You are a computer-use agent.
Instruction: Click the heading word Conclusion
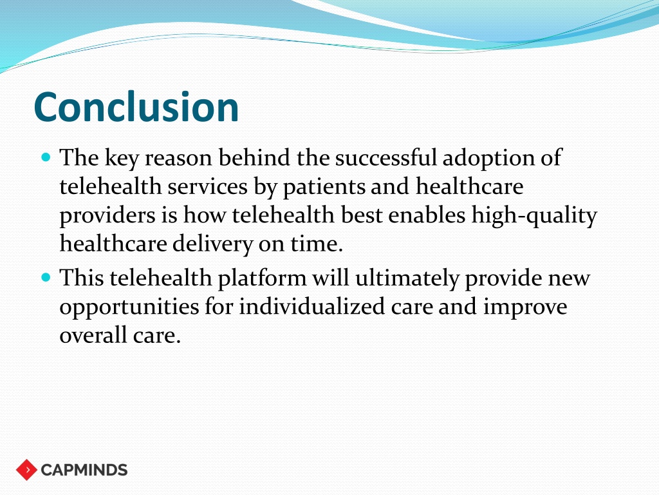[x=136, y=107]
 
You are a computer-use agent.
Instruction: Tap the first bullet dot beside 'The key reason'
[x=46, y=158]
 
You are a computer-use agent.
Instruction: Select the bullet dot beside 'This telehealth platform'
[x=46, y=278]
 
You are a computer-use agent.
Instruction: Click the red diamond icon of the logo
[x=26, y=470]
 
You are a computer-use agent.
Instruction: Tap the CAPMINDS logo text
[x=84, y=470]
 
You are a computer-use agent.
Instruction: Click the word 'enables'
[x=427, y=215]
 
